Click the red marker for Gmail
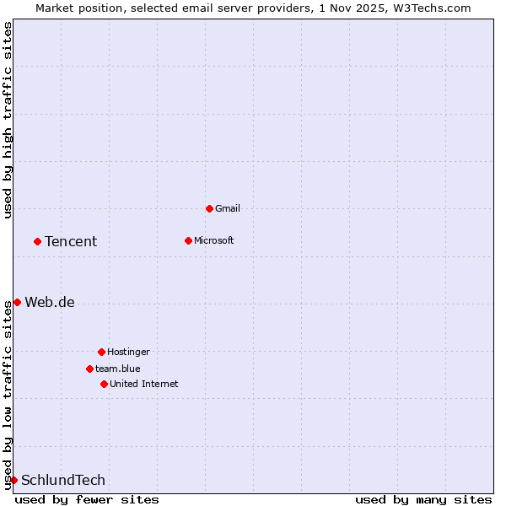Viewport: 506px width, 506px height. [x=209, y=208]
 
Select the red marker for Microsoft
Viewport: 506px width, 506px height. [x=188, y=240]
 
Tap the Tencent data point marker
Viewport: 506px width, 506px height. [x=37, y=241]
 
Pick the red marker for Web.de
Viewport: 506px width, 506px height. [x=17, y=302]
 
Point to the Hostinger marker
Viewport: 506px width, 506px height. [x=101, y=352]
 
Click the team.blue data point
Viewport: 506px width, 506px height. [x=89, y=369]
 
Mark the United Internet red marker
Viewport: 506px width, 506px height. [x=104, y=384]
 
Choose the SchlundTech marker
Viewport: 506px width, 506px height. [x=13, y=480]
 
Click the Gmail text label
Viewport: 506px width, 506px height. [x=228, y=208]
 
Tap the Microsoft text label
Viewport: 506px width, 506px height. [x=214, y=240]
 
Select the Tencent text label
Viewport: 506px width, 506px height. [x=71, y=242]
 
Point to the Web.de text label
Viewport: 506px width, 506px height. [x=50, y=303]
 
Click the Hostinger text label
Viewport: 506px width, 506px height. [x=128, y=352]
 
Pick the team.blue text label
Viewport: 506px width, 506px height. [x=118, y=369]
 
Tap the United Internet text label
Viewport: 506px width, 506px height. [x=144, y=384]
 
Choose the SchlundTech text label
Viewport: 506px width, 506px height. [x=63, y=481]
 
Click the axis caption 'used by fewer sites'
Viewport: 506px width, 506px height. [x=87, y=499]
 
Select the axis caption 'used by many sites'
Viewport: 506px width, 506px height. [x=423, y=499]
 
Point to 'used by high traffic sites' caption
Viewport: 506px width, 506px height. [x=8, y=121]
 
